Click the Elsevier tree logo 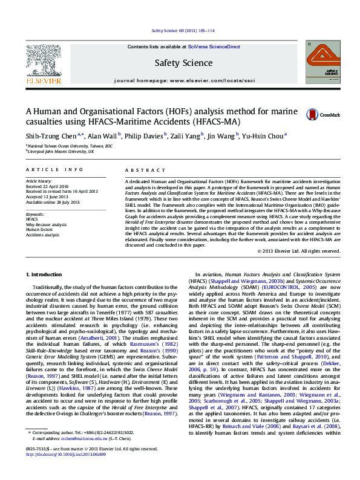(44, 63)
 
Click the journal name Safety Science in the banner (183, 63)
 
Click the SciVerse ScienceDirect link (214, 47)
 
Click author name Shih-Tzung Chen (50, 137)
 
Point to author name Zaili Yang (185, 137)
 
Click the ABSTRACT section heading (139, 170)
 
